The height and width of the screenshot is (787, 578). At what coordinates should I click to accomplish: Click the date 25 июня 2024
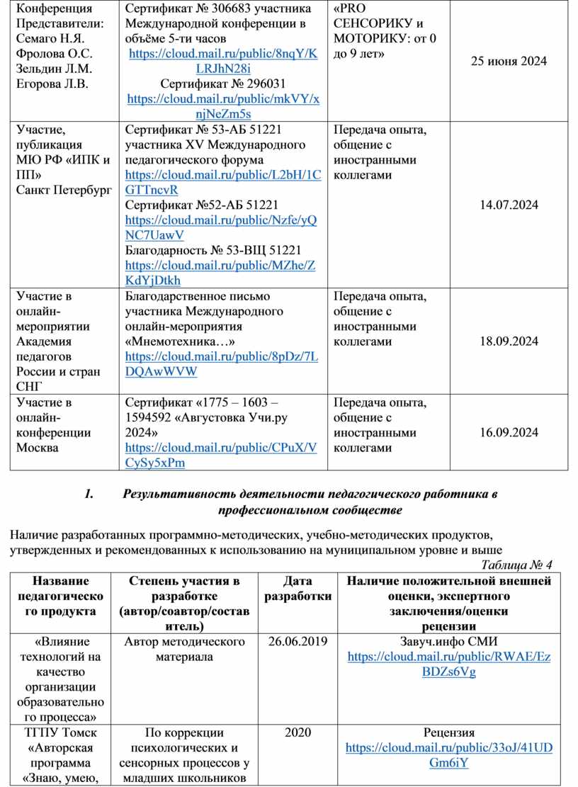pyautogui.click(x=509, y=62)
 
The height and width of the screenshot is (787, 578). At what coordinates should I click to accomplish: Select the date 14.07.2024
pyautogui.click(x=509, y=205)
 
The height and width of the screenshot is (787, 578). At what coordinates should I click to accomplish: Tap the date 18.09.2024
pyautogui.click(x=509, y=341)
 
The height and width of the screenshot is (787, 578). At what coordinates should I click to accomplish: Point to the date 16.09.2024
pyautogui.click(x=509, y=432)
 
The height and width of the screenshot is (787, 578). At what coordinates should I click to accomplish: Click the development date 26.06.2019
pyautogui.click(x=297, y=642)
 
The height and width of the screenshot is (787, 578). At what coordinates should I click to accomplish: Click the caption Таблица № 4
pyautogui.click(x=516, y=565)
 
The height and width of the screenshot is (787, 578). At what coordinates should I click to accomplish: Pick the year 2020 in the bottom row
pyautogui.click(x=297, y=732)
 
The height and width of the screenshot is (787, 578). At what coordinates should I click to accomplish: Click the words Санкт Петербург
pyautogui.click(x=64, y=190)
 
